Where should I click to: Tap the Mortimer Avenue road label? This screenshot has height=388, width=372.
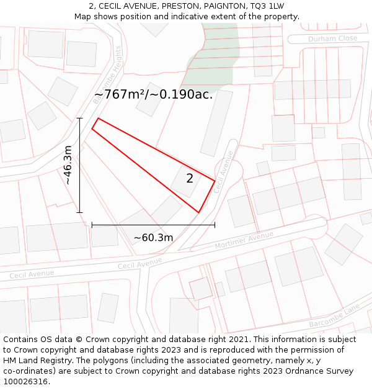coord(244,241)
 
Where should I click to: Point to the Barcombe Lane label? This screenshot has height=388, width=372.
coord(334,316)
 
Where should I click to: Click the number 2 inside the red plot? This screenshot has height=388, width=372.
coord(190,179)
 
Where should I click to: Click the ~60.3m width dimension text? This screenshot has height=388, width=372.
coord(153,237)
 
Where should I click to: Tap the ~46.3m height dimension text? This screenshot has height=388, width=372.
coord(68,165)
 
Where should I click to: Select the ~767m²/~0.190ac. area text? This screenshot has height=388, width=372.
coord(153,95)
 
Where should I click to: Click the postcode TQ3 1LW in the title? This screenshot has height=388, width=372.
coord(267,6)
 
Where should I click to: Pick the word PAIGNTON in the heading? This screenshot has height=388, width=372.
coord(222,6)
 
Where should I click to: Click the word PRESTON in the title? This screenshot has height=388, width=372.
coord(177,6)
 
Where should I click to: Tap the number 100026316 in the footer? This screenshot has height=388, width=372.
coord(25,381)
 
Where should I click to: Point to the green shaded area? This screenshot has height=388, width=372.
coord(211,59)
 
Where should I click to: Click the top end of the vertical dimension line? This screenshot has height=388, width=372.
coord(79,118)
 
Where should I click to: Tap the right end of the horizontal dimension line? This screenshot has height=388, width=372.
coord(215,225)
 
